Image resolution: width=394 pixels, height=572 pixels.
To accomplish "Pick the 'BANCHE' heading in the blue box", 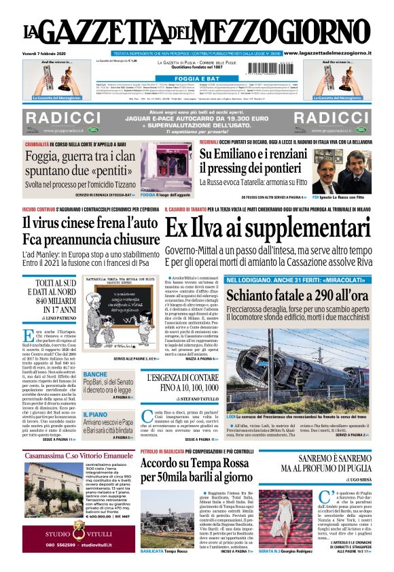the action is coord(94,375).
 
